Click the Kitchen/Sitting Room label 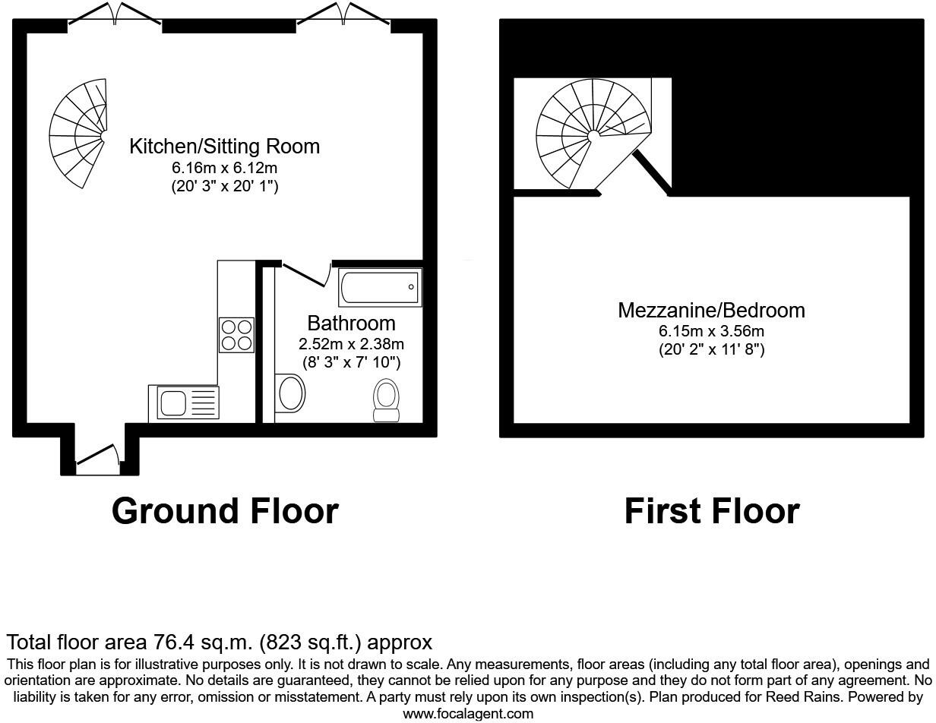(x=224, y=146)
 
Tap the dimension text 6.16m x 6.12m (x=224, y=168)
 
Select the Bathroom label (x=351, y=324)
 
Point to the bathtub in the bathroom (x=380, y=288)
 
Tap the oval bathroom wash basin (x=291, y=393)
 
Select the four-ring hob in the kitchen (x=236, y=335)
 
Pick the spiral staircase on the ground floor (x=80, y=134)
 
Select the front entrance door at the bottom (x=98, y=456)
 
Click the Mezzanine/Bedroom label (x=711, y=310)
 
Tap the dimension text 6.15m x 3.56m (x=711, y=331)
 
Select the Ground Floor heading (x=225, y=511)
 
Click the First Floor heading (x=711, y=511)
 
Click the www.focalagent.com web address (x=468, y=714)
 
